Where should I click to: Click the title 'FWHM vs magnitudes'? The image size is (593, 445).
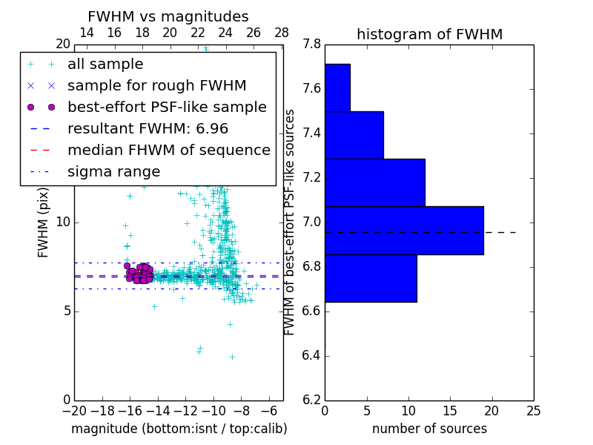tap(168, 16)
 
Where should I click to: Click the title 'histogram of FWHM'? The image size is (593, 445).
tap(429, 34)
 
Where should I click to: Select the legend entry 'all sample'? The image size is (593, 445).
tap(105, 65)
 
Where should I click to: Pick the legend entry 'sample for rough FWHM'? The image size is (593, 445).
tap(156, 86)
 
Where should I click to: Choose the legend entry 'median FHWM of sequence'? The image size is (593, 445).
tap(168, 151)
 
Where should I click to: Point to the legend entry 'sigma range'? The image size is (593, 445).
tap(113, 172)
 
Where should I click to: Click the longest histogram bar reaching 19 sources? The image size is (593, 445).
tap(404, 230)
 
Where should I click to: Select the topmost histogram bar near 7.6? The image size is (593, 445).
tap(337, 88)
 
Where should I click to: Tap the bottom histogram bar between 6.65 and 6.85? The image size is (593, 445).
tap(371, 278)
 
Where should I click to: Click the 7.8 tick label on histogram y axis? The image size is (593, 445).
tap(311, 44)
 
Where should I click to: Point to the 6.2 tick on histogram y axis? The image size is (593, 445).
tap(311, 400)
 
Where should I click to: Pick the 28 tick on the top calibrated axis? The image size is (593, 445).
tap(282, 33)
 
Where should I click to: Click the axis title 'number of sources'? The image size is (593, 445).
tap(429, 429)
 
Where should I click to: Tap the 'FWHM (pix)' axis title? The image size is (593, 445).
tap(44, 223)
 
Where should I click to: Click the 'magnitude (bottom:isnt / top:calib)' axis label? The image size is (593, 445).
tap(179, 429)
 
